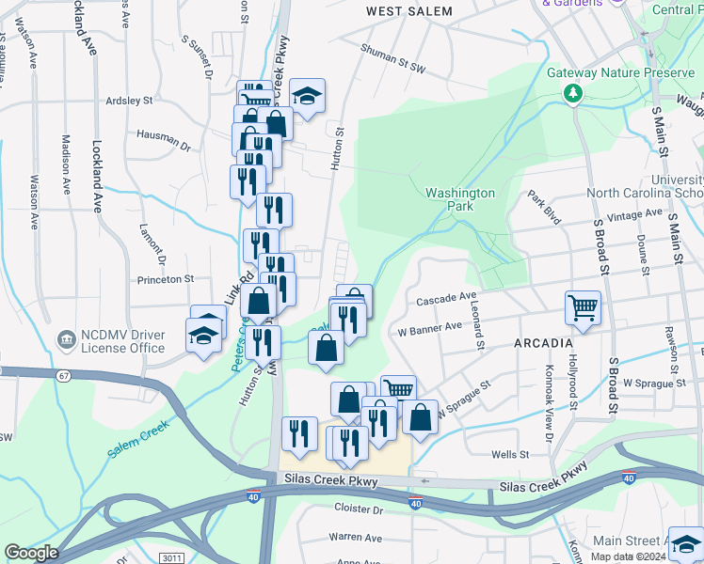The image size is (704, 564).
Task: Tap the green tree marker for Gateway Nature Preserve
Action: click(x=571, y=93)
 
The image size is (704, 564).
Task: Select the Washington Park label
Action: click(x=459, y=199)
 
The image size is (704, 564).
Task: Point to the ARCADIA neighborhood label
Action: click(x=544, y=343)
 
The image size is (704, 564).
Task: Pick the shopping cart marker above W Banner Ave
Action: click(x=583, y=306)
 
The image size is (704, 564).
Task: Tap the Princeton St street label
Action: click(x=166, y=279)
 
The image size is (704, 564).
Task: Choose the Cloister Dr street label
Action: click(x=359, y=509)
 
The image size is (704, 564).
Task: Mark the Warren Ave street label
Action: click(x=355, y=538)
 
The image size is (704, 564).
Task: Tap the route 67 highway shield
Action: click(x=64, y=376)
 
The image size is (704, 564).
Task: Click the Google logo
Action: click(x=31, y=553)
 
